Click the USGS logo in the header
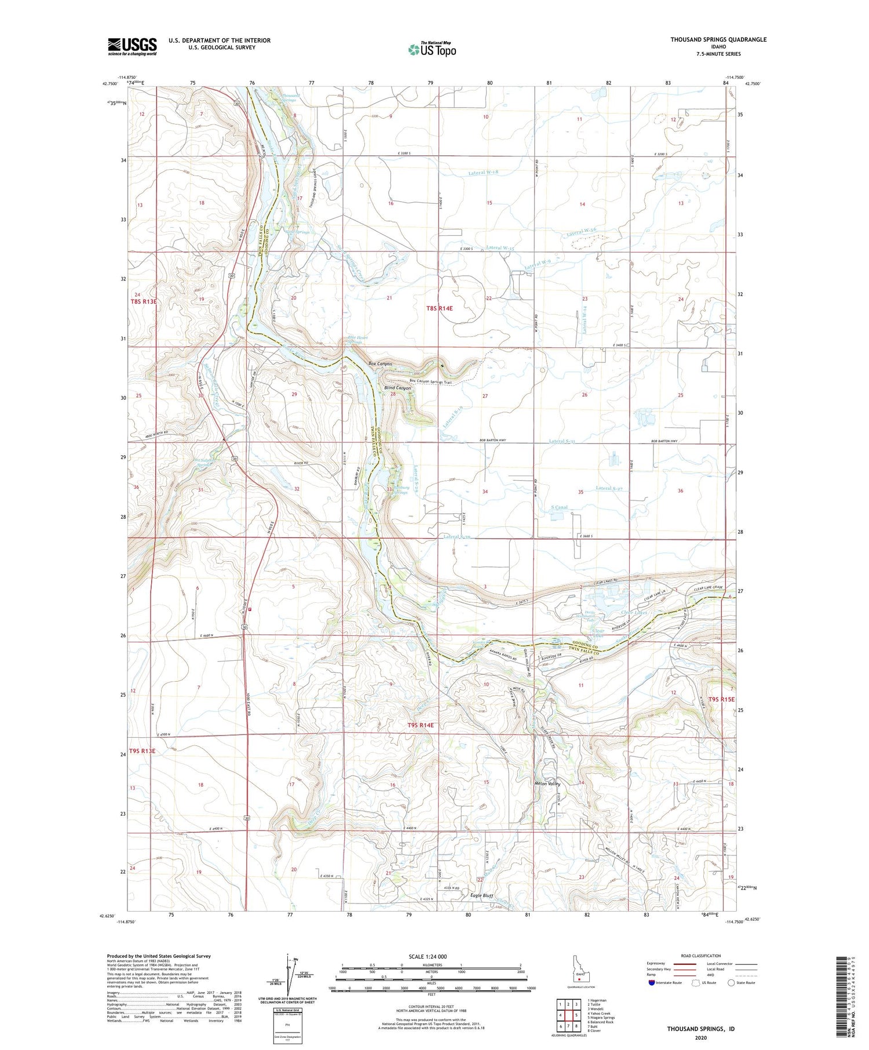(132, 46)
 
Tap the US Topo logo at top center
(432, 49)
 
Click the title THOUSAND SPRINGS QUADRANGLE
(718, 39)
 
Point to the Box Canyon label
(380, 364)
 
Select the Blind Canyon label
(397, 387)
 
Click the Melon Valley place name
(547, 784)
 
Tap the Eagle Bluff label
(481, 895)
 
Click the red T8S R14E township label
(439, 309)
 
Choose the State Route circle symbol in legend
(731, 983)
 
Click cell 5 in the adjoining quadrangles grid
(576, 1015)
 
